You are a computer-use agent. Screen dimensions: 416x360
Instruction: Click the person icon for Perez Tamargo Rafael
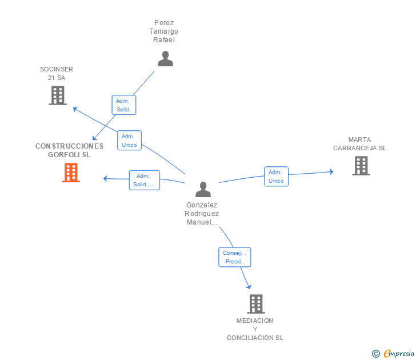click(x=165, y=59)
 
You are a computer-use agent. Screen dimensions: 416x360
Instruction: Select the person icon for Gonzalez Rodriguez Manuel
click(x=203, y=189)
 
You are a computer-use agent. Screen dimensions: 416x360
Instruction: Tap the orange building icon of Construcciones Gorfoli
click(x=71, y=173)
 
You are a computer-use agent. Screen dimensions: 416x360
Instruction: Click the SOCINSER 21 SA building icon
click(x=58, y=95)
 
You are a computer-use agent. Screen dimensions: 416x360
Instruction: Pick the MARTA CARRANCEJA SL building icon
click(x=361, y=166)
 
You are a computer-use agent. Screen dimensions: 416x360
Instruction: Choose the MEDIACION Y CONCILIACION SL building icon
click(x=256, y=304)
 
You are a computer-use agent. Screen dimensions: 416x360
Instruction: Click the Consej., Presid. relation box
click(x=234, y=257)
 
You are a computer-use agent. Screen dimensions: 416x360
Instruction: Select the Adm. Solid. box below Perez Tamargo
click(x=124, y=105)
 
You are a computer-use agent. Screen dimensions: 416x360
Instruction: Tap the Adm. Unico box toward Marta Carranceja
click(x=276, y=177)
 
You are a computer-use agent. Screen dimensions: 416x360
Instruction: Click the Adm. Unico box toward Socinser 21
click(x=130, y=141)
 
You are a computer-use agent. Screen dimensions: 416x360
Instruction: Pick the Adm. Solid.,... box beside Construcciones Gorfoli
click(x=145, y=180)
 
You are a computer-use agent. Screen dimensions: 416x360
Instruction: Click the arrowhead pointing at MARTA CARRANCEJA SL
click(x=331, y=171)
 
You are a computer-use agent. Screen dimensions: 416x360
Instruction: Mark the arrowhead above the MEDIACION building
click(x=249, y=287)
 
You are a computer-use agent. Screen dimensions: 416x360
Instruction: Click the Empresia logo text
click(x=399, y=353)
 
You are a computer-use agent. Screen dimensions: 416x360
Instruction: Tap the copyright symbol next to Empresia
click(x=376, y=354)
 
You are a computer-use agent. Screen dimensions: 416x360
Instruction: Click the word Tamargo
click(x=163, y=31)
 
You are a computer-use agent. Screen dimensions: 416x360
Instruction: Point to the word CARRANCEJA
click(x=355, y=148)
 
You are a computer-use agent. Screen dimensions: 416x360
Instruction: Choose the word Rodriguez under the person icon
click(x=202, y=214)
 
